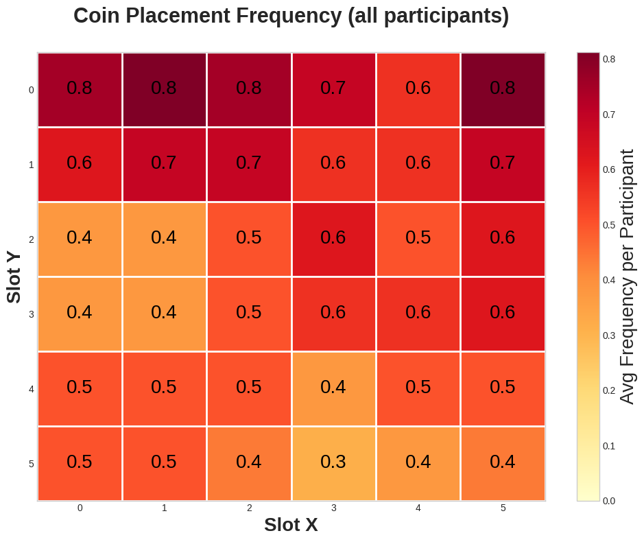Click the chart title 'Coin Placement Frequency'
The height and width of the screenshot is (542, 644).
291,16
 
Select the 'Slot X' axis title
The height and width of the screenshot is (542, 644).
291,525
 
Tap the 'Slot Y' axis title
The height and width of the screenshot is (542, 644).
14,277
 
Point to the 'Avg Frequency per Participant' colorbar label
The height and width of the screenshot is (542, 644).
627,277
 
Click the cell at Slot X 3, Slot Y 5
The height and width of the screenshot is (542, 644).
333,464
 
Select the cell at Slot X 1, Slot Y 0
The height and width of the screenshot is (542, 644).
164,90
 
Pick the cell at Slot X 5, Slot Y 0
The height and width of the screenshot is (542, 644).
503,90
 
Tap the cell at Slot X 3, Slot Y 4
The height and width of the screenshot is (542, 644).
333,389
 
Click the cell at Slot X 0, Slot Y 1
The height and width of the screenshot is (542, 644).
80,165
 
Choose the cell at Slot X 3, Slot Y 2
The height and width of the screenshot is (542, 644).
333,239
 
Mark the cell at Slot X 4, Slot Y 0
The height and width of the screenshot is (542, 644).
418,90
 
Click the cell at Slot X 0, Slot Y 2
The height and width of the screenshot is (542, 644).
80,239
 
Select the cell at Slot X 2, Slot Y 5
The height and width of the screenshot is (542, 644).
249,464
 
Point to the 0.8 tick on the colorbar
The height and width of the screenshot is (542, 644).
608,59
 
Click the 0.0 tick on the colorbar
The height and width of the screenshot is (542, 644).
608,501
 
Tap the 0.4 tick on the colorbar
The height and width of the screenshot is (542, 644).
608,280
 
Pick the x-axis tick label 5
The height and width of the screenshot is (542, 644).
503,508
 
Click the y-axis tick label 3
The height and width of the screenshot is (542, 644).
31,314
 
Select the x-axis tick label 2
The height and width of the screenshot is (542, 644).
249,508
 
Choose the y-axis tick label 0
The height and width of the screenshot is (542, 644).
31,90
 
